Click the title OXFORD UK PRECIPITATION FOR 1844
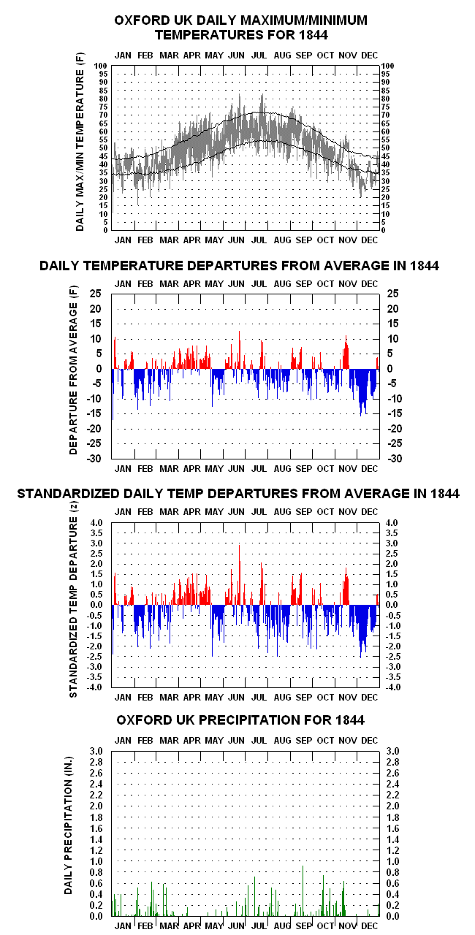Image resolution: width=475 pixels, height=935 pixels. click(240, 720)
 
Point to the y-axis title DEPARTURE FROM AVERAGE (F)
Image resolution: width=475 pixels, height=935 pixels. click(74, 370)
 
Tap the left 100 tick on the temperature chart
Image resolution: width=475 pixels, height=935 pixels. click(101, 66)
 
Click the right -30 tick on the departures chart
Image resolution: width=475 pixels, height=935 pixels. click(395, 458)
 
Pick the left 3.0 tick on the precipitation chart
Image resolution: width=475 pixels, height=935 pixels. click(96, 752)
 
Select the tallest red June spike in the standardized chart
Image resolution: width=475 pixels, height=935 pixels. click(239, 575)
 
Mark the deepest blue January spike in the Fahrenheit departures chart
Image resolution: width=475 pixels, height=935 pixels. click(113, 394)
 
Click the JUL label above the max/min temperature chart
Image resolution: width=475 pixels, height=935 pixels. click(259, 56)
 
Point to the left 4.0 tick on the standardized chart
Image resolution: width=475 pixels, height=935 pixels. click(96, 522)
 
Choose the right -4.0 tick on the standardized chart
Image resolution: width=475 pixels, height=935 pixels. click(394, 687)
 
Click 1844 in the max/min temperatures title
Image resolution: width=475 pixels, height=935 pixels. click(313, 34)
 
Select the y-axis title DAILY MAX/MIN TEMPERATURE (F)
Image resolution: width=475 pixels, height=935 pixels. click(80, 142)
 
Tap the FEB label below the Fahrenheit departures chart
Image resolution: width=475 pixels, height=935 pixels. click(145, 469)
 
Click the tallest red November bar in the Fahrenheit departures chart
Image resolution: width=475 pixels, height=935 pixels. click(346, 352)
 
